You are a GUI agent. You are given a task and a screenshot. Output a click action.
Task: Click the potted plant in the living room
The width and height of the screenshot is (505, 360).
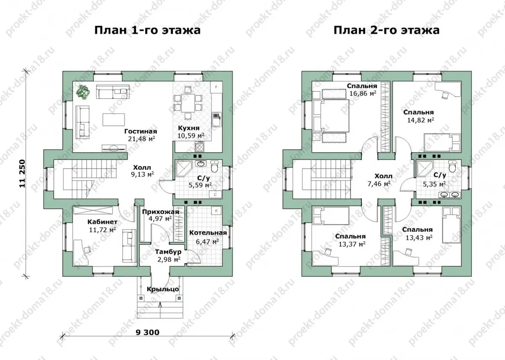point(83,92)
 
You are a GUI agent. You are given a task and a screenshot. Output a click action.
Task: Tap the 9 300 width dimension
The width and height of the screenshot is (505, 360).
point(148,332)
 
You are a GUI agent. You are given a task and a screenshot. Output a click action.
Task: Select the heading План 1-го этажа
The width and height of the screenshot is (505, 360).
point(147,30)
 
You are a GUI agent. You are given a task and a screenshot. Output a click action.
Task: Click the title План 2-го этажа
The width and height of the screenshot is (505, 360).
point(386,30)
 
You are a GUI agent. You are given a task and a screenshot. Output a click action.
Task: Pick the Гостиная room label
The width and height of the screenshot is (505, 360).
point(141,131)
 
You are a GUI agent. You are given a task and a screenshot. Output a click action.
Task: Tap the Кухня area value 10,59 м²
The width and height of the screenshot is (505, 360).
point(191,135)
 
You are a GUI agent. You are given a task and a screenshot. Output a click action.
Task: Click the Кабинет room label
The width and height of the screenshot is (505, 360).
point(102,222)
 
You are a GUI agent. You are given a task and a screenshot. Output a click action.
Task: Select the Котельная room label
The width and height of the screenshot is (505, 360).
point(208,233)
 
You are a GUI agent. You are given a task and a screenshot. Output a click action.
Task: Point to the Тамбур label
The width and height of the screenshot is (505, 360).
point(168,252)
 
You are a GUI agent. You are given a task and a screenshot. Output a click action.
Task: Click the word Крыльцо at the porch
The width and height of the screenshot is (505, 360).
point(163,289)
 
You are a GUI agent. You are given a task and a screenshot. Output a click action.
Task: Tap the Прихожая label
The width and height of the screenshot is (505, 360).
point(160,212)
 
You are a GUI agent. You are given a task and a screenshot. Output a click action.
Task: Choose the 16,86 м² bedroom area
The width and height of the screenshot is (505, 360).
point(363,93)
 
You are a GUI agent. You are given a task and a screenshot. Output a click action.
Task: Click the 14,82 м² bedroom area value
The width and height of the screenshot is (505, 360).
point(420,120)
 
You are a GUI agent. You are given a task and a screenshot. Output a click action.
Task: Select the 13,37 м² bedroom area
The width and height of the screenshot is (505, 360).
point(352,244)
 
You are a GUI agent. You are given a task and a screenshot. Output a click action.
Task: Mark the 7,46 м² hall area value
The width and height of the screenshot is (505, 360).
point(379,184)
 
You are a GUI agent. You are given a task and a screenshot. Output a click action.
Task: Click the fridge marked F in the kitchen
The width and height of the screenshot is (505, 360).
point(216,87)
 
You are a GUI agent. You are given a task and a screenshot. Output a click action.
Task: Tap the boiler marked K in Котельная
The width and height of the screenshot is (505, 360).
point(216,211)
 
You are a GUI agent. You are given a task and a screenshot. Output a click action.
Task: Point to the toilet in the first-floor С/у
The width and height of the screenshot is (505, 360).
point(214,167)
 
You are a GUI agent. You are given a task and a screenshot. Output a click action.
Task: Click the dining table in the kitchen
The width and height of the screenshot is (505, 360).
point(188,103)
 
